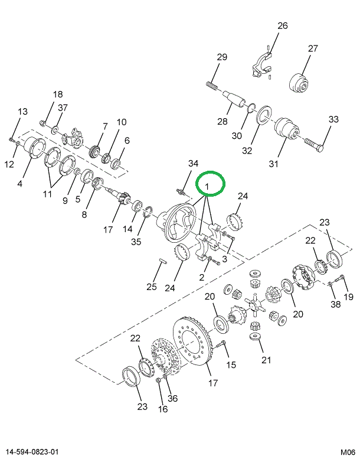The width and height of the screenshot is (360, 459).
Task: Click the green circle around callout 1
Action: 210,183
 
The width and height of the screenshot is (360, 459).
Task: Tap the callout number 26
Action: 283,26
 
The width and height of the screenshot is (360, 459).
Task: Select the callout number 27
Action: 313,48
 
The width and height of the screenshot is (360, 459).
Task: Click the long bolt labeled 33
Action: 314,145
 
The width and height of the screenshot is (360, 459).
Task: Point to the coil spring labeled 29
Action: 212,86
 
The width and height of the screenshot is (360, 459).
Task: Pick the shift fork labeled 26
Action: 261,66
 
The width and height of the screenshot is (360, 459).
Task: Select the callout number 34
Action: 193,164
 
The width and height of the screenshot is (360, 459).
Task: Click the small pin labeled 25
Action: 163,261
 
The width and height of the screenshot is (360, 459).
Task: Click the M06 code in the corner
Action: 348,453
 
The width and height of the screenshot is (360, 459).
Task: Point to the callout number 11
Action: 47,194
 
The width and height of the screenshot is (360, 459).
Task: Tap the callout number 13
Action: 22,112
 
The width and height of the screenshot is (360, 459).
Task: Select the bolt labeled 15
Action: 220,345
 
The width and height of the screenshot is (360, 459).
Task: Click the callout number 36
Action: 172,398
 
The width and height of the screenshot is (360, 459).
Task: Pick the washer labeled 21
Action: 255,336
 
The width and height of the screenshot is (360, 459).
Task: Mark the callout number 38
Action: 335,304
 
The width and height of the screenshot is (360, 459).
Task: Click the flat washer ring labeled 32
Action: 264,116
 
